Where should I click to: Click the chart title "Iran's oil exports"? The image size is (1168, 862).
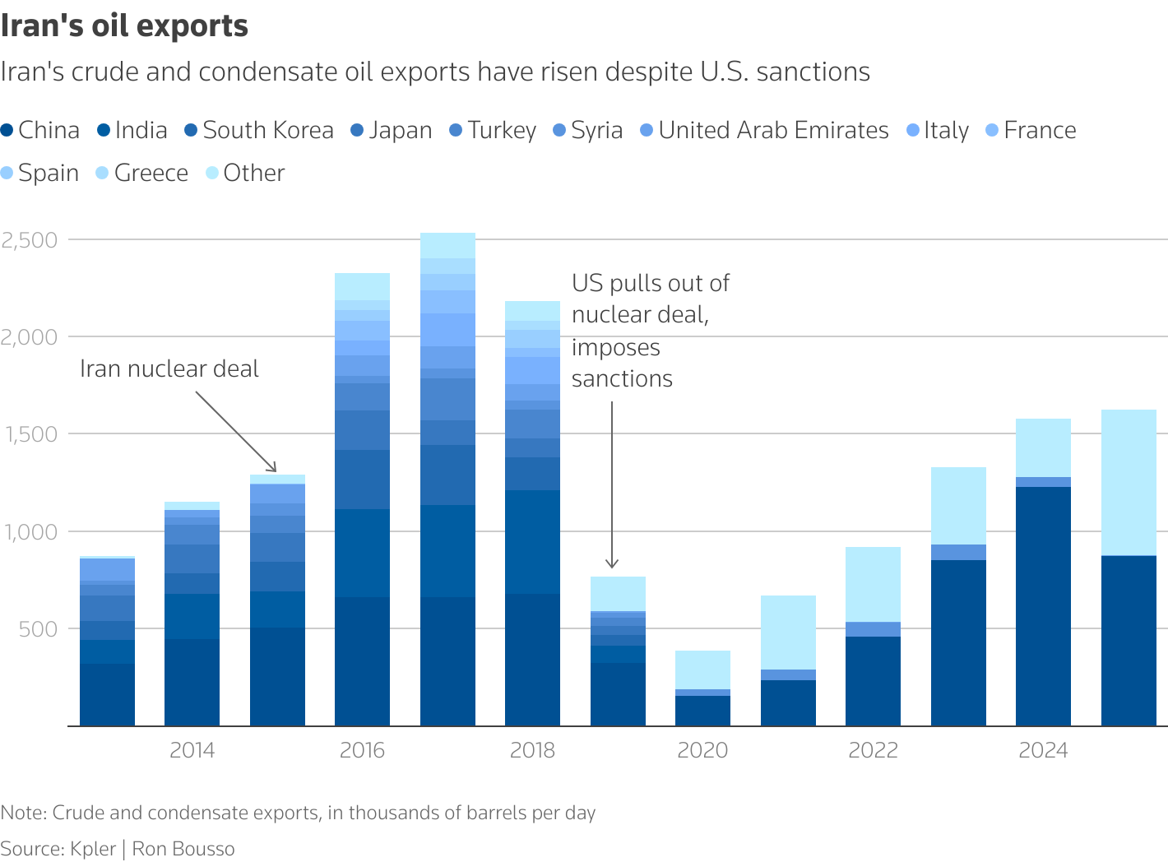[x=124, y=25]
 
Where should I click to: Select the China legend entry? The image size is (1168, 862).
[x=40, y=130]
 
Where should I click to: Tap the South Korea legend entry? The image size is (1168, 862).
[x=259, y=130]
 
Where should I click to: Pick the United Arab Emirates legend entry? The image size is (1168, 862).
[x=765, y=130]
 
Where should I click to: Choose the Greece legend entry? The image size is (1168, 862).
[x=142, y=173]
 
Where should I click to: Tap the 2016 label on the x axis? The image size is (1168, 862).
[x=362, y=750]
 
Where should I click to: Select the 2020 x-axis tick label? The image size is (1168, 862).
[x=702, y=750]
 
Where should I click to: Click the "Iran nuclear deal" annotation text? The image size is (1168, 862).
[x=169, y=368]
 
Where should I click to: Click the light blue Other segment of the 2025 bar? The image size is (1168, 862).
[x=1129, y=483]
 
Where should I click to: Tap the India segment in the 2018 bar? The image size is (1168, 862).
[x=532, y=542]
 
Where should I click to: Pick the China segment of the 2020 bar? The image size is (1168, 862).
[x=702, y=711]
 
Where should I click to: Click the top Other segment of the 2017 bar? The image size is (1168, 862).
[x=447, y=245]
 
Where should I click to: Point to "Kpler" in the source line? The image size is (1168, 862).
[x=92, y=849]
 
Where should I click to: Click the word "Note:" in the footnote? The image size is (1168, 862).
[x=24, y=813]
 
